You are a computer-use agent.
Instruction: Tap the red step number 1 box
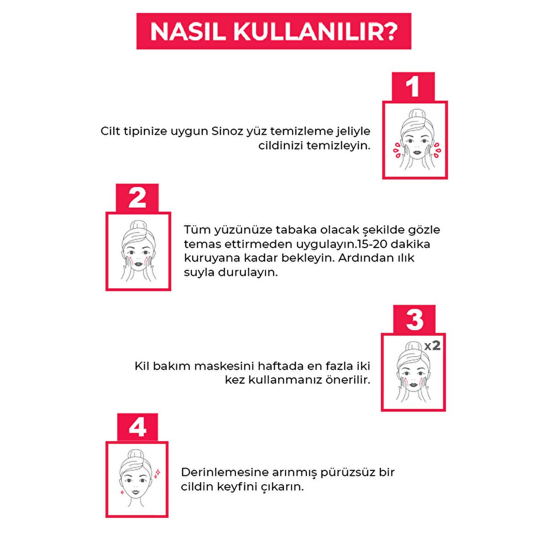coord(413,87)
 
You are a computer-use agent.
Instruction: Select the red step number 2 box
coord(137,198)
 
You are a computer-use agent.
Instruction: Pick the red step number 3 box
coord(414,319)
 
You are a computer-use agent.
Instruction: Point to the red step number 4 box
coord(137,427)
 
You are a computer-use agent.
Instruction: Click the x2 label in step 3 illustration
coord(432,345)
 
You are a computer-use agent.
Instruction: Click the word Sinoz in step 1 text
coord(227,132)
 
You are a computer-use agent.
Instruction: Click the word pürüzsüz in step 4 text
coord(335,472)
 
